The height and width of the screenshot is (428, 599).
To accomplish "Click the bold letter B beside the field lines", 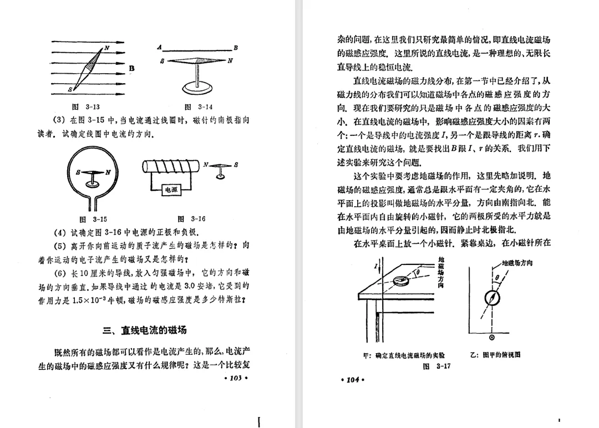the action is click(x=132, y=68).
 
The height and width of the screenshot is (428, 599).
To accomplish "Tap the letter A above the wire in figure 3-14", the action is click(x=159, y=47).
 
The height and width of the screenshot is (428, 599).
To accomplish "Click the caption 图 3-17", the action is click(x=436, y=366).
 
